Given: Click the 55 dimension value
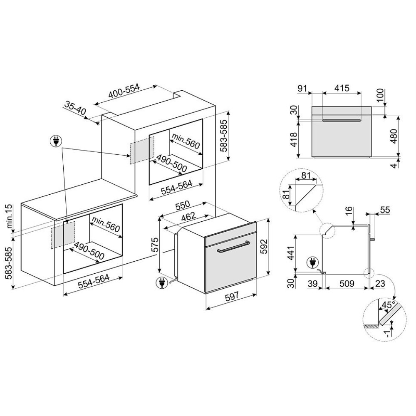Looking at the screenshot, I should [385, 210].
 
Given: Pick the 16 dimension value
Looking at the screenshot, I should [348, 211].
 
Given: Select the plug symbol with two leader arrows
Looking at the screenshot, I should [55, 142].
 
